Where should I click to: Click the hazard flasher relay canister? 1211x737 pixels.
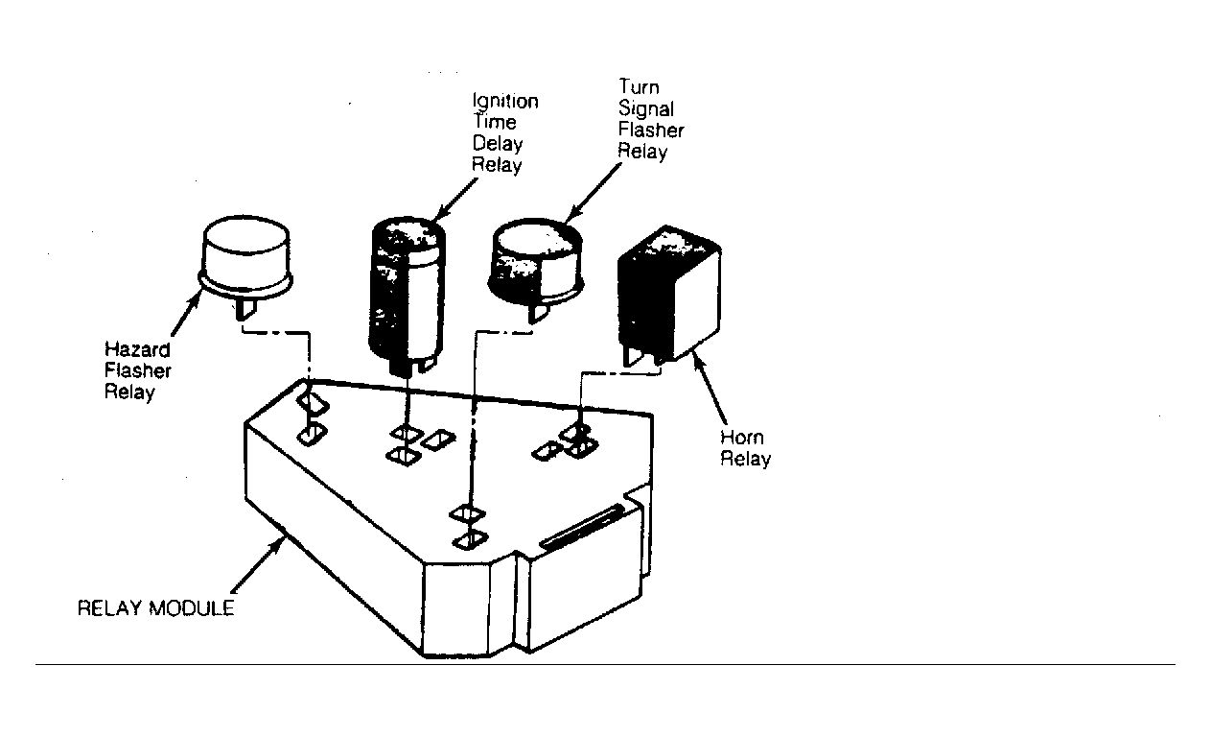(245, 259)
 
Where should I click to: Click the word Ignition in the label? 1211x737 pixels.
(505, 102)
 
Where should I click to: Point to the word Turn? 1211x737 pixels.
(639, 87)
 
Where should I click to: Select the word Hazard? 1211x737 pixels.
(137, 349)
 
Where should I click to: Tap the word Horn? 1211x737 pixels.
(742, 438)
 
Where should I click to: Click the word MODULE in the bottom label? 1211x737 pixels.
(192, 608)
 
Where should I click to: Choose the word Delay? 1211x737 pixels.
(498, 144)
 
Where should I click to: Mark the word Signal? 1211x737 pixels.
(646, 108)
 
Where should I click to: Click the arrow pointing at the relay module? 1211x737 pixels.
(257, 564)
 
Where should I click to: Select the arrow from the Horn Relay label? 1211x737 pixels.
(710, 387)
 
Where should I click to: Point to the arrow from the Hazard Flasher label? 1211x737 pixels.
(185, 314)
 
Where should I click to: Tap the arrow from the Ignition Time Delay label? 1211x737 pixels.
(455, 200)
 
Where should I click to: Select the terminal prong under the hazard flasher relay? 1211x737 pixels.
(246, 311)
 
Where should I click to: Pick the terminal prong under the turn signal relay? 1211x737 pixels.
(539, 312)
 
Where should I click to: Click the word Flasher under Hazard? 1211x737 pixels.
(138, 370)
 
